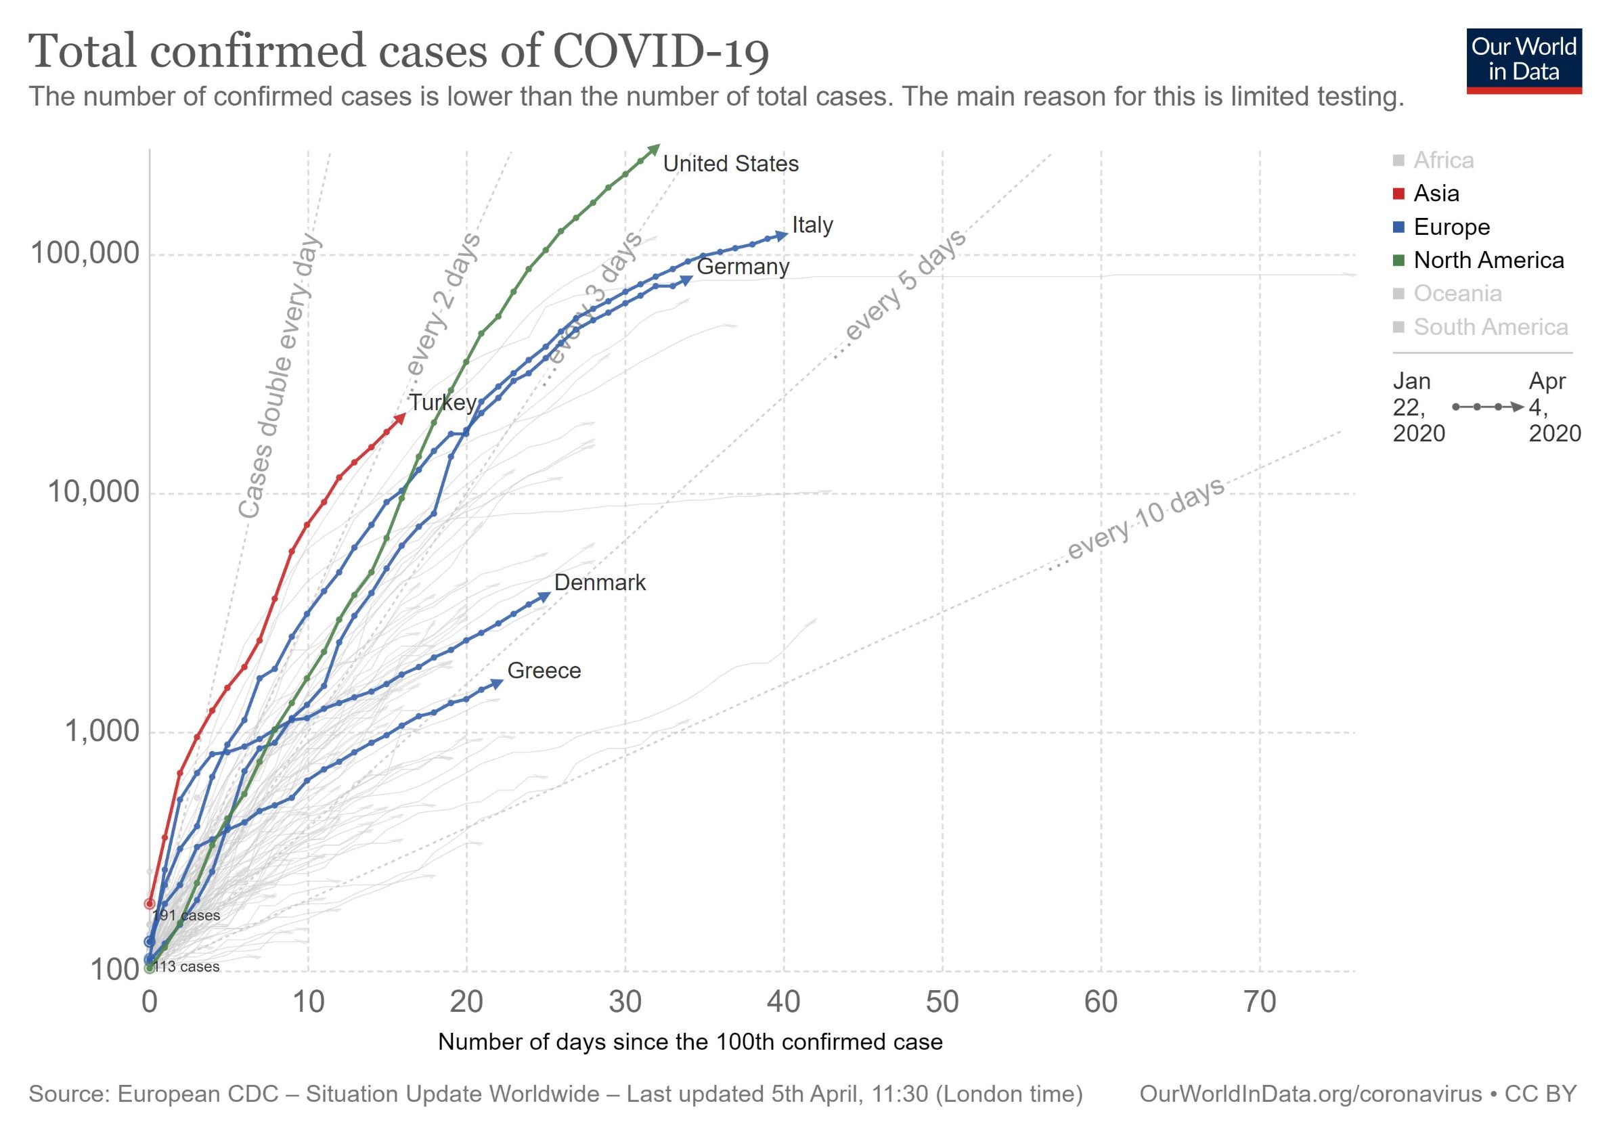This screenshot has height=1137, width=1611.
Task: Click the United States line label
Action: tap(730, 164)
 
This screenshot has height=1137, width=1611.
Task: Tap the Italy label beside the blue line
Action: tap(812, 225)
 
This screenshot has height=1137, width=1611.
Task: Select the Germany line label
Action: tap(743, 267)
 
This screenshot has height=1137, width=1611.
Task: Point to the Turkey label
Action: tap(443, 403)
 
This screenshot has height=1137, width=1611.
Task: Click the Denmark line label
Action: tap(600, 583)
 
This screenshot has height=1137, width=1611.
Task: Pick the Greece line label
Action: tap(544, 671)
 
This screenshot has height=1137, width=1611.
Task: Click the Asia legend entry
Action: tap(1426, 194)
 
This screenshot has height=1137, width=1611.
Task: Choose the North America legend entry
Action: tap(1479, 261)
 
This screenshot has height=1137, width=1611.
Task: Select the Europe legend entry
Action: tap(1442, 227)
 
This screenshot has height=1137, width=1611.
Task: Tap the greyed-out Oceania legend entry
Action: tap(1447, 293)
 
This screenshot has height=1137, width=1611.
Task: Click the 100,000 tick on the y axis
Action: tap(85, 254)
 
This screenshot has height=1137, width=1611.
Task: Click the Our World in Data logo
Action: tap(1524, 61)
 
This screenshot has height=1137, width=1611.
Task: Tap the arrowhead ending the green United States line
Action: tap(654, 149)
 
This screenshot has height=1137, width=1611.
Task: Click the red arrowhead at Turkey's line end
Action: tap(401, 418)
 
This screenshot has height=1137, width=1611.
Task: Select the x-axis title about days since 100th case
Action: tap(690, 1042)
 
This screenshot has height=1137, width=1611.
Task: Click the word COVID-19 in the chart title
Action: tap(661, 52)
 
